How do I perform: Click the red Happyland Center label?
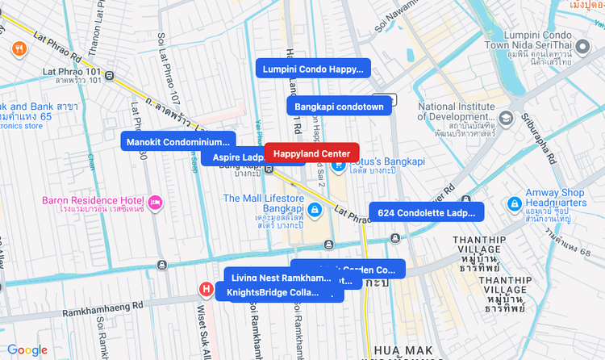coord(311,153)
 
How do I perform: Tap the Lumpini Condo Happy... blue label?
coord(312,69)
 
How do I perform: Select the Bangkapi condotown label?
coord(339,106)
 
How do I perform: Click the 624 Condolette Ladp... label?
coord(427,212)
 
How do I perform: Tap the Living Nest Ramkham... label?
coord(280,278)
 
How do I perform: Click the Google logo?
coord(27,350)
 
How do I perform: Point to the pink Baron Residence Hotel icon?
coord(156,201)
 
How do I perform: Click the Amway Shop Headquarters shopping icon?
coord(513,205)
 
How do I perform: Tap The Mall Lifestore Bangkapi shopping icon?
coord(315,211)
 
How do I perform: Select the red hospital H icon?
coord(207,289)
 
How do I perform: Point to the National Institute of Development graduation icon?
coord(505,119)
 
